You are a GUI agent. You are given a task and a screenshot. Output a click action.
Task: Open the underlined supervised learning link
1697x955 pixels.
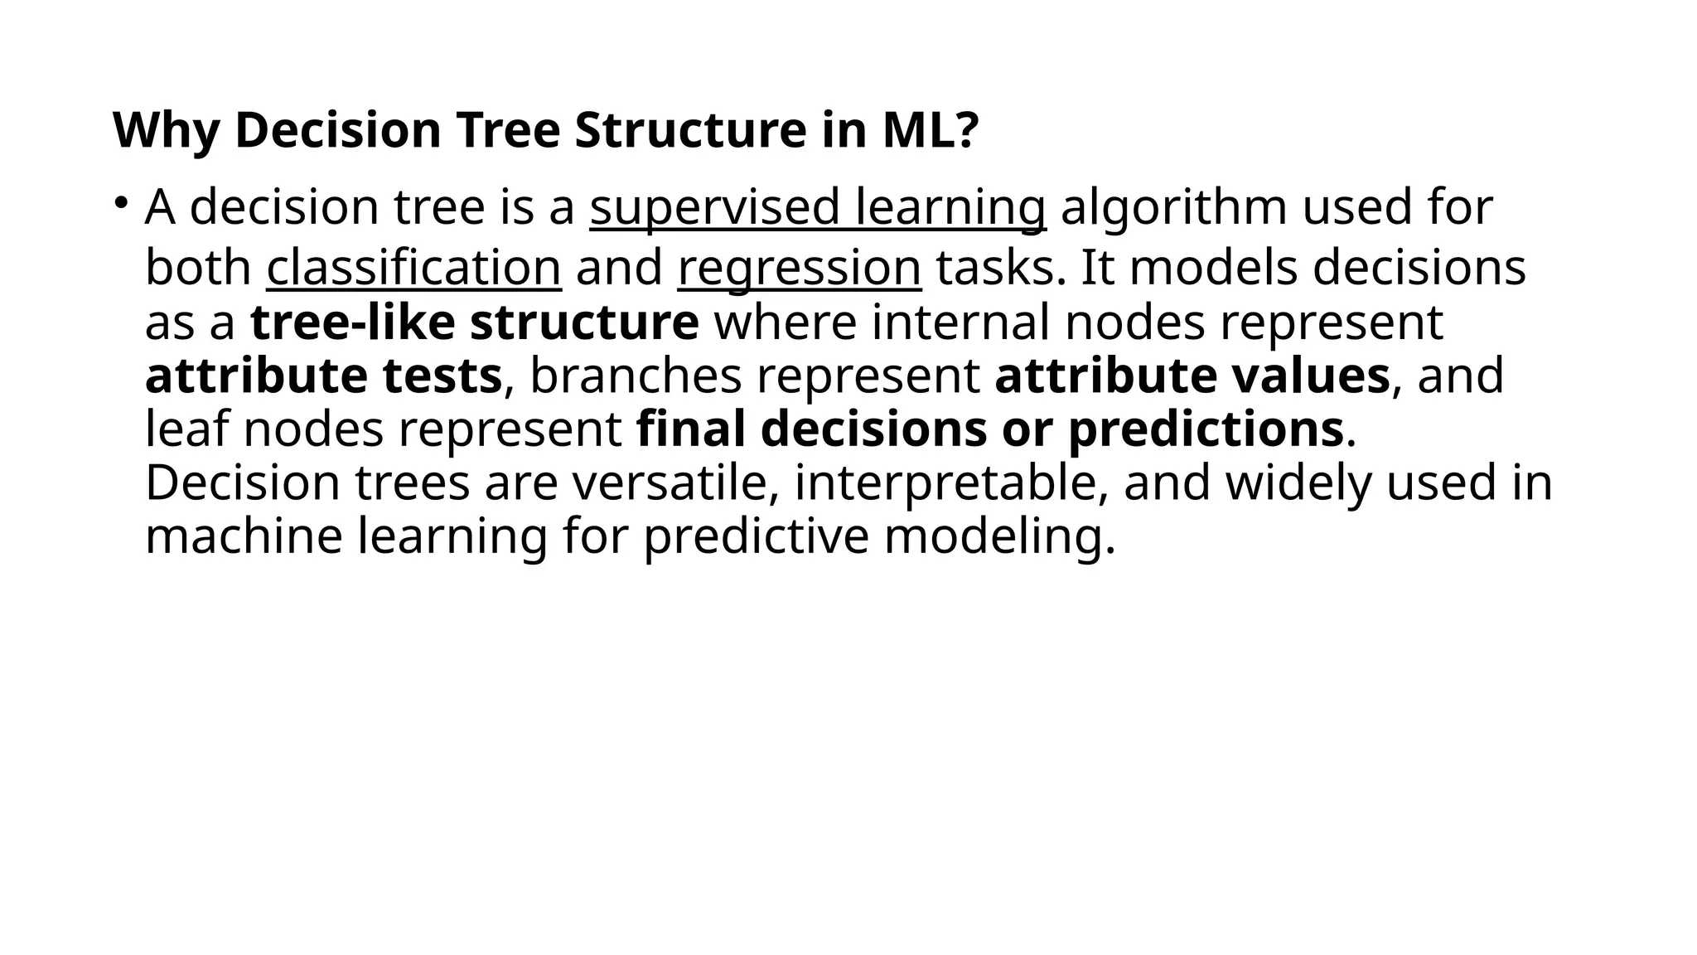(817, 207)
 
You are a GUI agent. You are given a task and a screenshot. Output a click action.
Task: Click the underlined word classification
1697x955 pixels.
(413, 269)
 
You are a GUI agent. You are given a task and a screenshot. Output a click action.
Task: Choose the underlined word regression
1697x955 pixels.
(799, 269)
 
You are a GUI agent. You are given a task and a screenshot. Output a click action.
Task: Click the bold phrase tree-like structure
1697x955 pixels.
(474, 322)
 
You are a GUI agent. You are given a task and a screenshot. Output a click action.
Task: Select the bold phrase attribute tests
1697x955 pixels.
(323, 376)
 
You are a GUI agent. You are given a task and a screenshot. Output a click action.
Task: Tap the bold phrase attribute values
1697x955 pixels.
(1192, 376)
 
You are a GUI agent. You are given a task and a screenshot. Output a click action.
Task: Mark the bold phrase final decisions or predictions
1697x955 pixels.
(989, 429)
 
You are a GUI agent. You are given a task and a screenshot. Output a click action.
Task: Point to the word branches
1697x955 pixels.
(635, 376)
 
